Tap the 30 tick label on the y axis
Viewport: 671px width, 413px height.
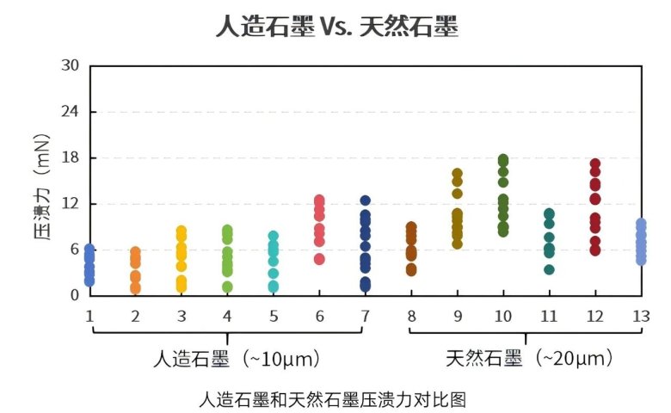coord(71,66)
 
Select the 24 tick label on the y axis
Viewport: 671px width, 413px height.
coord(71,112)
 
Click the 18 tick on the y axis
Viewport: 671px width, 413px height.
coord(71,158)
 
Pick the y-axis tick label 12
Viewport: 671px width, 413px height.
coord(71,205)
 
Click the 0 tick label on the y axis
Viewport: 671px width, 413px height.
coord(76,295)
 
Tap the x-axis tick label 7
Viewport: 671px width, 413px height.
coord(365,316)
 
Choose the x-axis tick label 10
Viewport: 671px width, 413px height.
coord(503,316)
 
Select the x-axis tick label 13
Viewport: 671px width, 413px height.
coord(640,316)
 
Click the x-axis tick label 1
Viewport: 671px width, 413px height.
coord(89,316)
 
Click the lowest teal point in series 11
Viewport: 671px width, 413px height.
coord(549,269)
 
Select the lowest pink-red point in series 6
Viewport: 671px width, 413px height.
coord(319,259)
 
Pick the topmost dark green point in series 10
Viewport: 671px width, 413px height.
coord(503,159)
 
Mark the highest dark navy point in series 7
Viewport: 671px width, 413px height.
coord(365,200)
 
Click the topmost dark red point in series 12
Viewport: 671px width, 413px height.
coord(594,163)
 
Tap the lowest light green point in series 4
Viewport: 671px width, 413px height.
coord(227,287)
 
